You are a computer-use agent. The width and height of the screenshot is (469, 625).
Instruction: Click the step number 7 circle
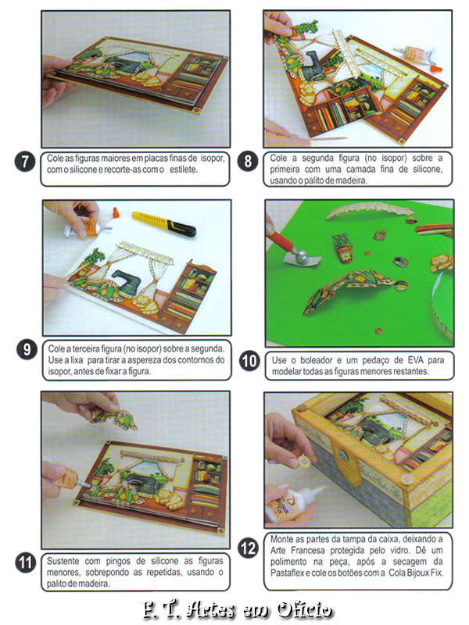(25, 162)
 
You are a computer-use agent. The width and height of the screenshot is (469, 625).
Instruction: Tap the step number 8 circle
(248, 162)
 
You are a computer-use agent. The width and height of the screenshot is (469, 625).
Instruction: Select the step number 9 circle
(27, 349)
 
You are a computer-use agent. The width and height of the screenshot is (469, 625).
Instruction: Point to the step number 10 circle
(249, 361)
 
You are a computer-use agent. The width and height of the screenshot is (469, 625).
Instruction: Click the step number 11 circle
(25, 562)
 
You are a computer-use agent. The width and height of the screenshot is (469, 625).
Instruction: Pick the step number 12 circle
(248, 548)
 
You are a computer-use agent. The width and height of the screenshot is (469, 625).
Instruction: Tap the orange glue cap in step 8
(437, 70)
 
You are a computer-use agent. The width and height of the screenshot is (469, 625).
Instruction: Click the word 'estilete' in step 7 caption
(183, 170)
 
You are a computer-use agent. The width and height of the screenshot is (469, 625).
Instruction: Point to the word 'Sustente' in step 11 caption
(63, 561)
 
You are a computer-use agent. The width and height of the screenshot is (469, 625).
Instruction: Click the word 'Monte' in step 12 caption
(281, 539)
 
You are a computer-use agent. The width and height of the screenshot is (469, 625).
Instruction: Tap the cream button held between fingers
(303, 462)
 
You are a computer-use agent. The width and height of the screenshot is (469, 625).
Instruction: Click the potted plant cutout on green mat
(342, 248)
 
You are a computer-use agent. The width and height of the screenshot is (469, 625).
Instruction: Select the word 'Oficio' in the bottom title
(304, 609)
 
